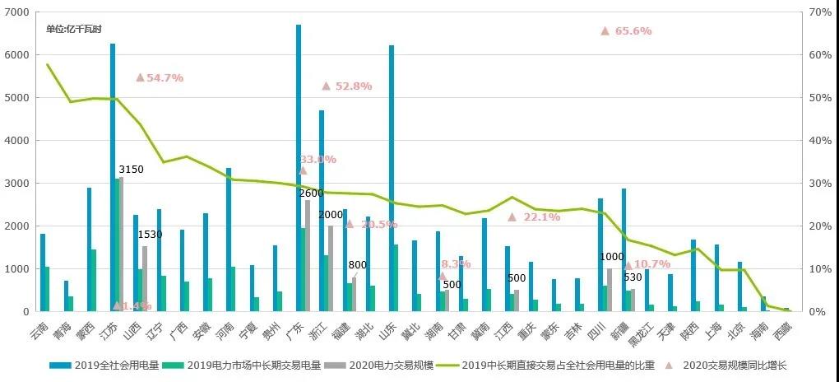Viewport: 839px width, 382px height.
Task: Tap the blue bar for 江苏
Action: tap(113, 177)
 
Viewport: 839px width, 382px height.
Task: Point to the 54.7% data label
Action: tap(165, 77)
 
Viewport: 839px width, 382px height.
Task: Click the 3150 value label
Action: tap(131, 170)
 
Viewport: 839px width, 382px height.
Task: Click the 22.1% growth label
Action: tap(540, 217)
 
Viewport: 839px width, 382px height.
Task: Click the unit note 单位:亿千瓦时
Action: tap(73, 29)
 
